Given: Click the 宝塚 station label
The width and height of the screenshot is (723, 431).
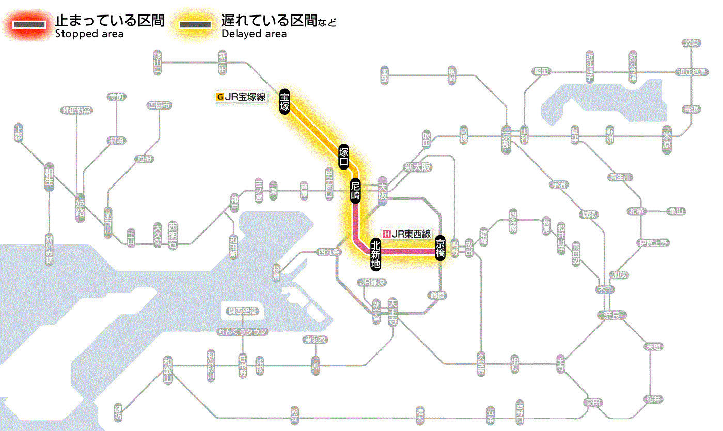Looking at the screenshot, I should [x=285, y=102].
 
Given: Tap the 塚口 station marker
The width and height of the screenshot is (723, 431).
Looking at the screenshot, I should [x=344, y=157].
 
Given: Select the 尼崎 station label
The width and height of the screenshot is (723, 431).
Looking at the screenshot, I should [x=356, y=191].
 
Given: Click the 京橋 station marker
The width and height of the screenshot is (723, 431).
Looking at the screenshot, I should [x=440, y=248].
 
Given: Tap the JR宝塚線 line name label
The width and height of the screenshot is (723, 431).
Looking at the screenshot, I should [x=245, y=96].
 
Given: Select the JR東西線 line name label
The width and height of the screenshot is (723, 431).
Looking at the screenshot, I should [x=411, y=234].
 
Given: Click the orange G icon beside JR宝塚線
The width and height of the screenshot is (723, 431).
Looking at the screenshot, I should [x=220, y=96].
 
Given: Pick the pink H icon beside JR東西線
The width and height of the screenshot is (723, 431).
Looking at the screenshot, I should [x=387, y=234].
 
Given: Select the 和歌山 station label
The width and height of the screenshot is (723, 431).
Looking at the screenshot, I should [x=168, y=370].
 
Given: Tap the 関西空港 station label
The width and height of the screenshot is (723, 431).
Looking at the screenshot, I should [x=243, y=311].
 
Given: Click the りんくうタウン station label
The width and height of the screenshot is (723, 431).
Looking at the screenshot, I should [x=243, y=332].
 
